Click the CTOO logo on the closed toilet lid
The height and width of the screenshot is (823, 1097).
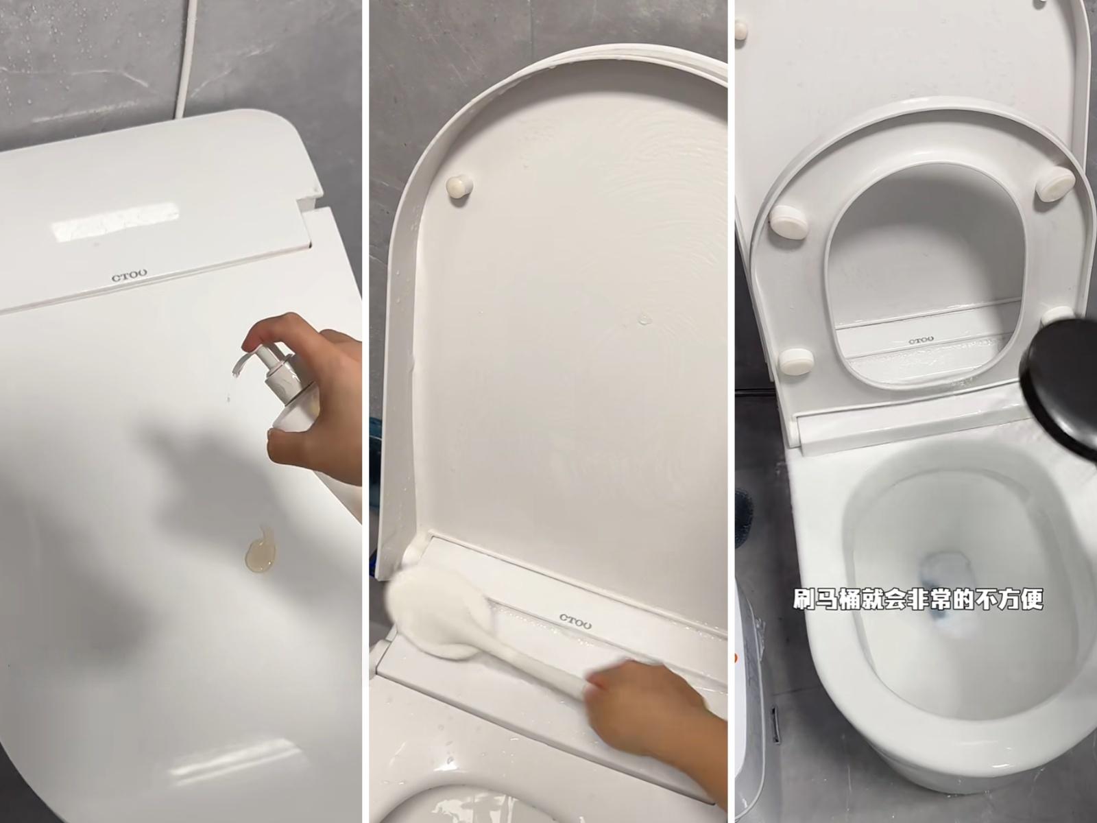(129, 275)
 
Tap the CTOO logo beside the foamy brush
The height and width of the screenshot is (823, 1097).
(575, 621)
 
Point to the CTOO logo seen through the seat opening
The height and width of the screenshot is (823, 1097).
(921, 341)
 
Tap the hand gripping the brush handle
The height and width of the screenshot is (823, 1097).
(650, 710)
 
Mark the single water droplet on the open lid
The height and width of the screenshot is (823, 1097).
(645, 318)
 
